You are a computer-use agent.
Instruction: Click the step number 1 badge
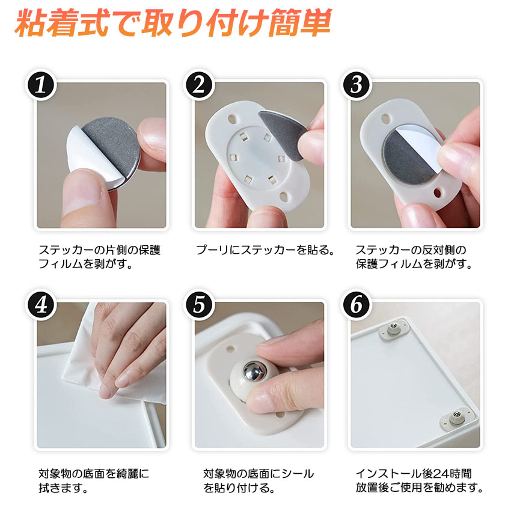tap(41, 85)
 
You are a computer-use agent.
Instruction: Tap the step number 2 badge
tap(198, 85)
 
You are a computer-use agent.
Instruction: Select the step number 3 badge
tap(356, 85)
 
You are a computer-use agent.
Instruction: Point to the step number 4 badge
tap(41, 305)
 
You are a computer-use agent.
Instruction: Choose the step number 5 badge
tap(198, 305)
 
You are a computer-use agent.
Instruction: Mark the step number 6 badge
tap(356, 305)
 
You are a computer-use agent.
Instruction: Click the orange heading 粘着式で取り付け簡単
tap(173, 23)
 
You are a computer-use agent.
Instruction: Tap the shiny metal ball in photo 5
tap(254, 371)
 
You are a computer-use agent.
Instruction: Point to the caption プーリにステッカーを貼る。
tap(265, 250)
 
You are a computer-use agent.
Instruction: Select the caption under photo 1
tap(99, 257)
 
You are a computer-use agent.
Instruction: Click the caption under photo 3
tap(414, 257)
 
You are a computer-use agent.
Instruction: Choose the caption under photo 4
tap(94, 480)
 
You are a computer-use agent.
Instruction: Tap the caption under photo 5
tap(258, 480)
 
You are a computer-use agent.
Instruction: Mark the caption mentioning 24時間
tap(419, 480)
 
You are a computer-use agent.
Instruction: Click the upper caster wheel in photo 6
tap(393, 329)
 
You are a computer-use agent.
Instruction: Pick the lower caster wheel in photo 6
tap(457, 416)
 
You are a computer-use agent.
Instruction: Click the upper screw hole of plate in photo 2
tap(233, 118)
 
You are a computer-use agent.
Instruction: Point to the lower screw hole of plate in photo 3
tap(438, 193)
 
